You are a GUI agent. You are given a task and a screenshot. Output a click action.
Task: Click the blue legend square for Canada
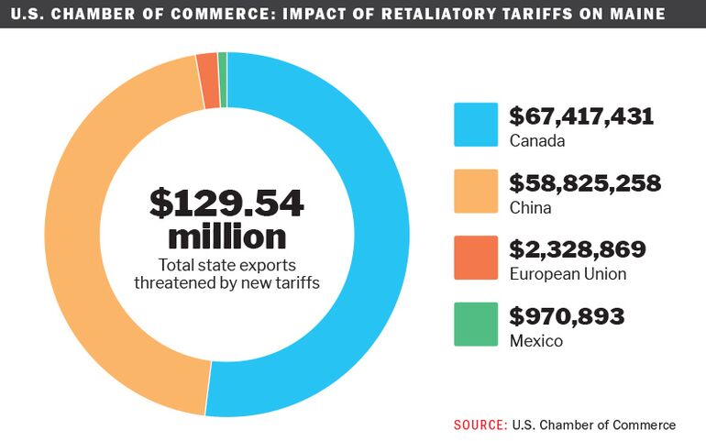coord(476,125)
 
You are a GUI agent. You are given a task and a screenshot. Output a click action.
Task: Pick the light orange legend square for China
coord(476,192)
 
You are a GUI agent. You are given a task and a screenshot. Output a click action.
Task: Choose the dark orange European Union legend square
coord(476,258)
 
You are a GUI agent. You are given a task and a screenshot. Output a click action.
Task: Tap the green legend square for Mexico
coord(476,325)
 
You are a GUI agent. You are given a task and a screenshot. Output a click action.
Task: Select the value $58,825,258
coord(585,183)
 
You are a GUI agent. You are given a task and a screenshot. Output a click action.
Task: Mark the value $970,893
coord(567,316)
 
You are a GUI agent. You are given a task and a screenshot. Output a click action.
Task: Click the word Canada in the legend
coord(537,141)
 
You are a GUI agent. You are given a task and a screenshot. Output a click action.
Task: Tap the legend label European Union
coord(568,274)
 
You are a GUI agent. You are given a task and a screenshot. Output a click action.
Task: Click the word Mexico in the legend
coord(535,341)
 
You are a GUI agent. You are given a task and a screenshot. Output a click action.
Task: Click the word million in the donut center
coord(226,237)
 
